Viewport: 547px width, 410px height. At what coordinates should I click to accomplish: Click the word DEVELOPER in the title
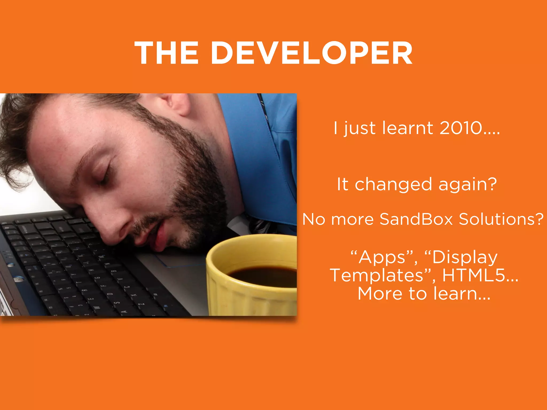coord(312,53)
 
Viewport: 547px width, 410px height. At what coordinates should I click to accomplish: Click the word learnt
coord(408,128)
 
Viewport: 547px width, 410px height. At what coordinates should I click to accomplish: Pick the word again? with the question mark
coord(468,185)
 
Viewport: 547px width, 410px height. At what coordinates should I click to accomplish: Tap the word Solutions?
coord(501,219)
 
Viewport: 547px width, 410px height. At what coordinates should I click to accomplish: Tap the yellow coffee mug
coord(240,294)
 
